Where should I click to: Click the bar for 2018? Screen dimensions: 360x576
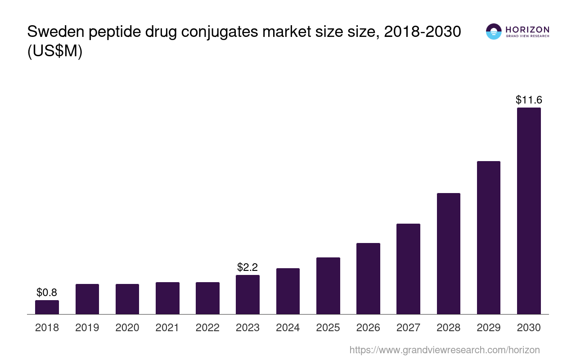[47, 307]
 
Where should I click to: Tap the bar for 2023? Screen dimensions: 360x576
[247, 294]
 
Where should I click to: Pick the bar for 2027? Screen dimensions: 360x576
[408, 269]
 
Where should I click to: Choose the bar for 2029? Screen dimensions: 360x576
[488, 237]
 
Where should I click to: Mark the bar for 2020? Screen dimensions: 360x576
[127, 299]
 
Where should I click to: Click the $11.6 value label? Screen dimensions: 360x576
[529, 100]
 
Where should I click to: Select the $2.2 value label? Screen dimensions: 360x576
[247, 267]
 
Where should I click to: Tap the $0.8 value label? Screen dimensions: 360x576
[47, 292]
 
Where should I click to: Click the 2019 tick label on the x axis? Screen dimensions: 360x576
[87, 328]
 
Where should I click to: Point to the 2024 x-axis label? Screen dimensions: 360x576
[288, 328]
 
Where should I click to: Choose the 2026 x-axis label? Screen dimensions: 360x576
[368, 328]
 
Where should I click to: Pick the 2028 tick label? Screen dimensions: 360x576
[449, 328]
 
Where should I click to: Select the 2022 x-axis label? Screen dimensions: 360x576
[207, 328]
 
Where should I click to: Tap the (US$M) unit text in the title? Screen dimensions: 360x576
[55, 52]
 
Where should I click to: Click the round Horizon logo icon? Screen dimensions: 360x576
[494, 31]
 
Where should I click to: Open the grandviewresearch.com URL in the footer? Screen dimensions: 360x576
[444, 350]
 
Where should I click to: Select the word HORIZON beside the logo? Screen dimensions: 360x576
[527, 29]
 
